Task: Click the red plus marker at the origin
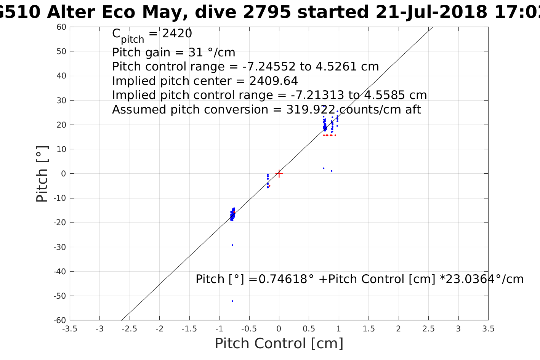click(279, 173)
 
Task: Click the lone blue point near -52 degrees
click(232, 301)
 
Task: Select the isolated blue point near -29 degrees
click(232, 245)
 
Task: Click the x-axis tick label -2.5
click(130, 329)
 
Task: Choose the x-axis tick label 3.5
click(488, 329)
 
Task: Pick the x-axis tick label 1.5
click(369, 329)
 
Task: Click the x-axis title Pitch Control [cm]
click(279, 343)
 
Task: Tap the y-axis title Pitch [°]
click(42, 174)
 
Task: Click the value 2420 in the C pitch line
click(177, 34)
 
